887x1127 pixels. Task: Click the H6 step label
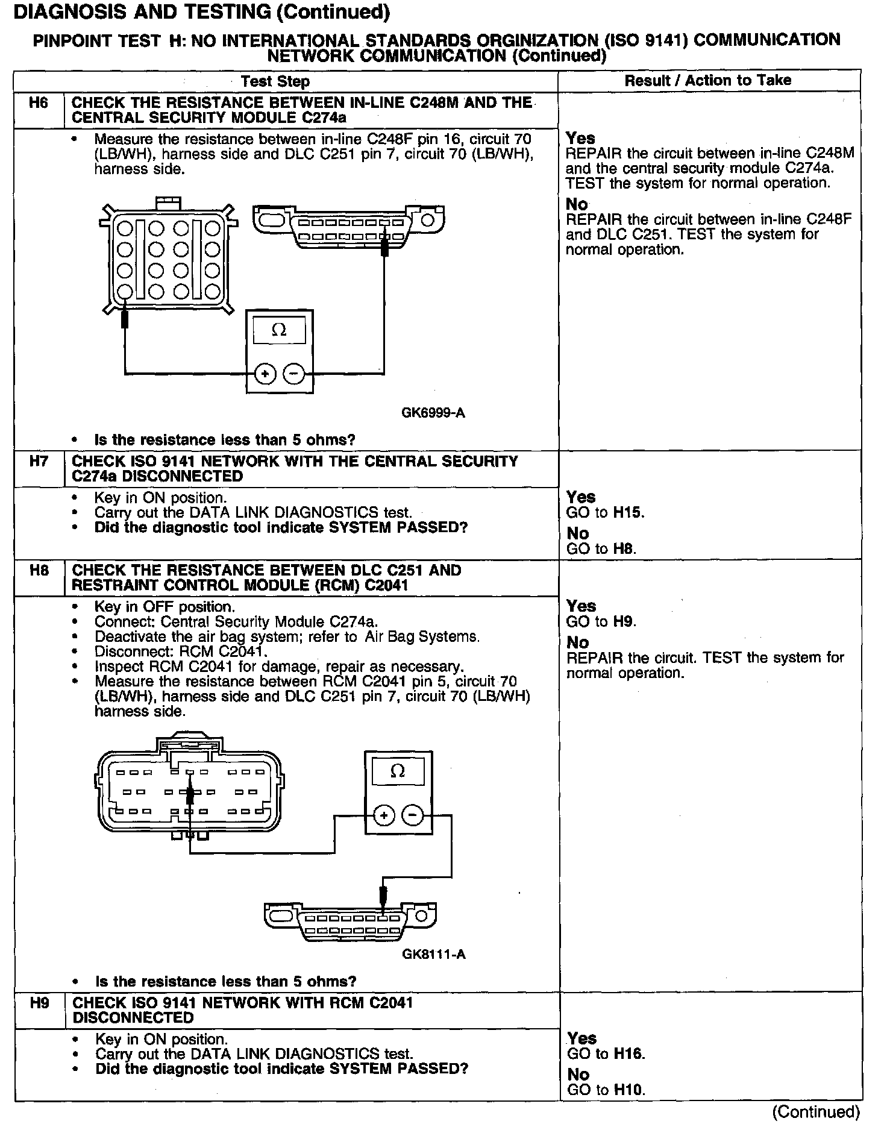[38, 103]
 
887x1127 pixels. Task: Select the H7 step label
[38, 462]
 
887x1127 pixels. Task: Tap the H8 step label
[39, 571]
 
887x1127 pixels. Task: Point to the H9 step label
[39, 1003]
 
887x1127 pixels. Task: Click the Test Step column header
[275, 81]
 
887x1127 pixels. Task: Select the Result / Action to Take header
[707, 81]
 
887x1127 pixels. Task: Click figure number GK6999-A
[433, 413]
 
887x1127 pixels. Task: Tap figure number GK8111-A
[433, 954]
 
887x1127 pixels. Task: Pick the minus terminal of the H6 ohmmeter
[293, 374]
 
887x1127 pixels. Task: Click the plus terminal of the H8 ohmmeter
[384, 816]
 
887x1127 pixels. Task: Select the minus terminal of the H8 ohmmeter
[413, 816]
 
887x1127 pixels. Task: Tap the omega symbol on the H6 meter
[279, 330]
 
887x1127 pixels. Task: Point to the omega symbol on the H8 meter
[398, 771]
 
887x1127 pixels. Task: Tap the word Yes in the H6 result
[580, 139]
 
